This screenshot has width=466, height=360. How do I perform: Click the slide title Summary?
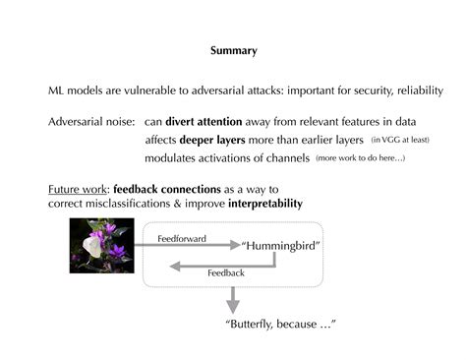pyautogui.click(x=234, y=50)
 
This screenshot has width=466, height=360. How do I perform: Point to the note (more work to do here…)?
pyautogui.click(x=361, y=157)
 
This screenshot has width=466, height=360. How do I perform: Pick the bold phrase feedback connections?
pyautogui.click(x=173, y=188)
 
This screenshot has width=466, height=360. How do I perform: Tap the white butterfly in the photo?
pyautogui.click(x=94, y=246)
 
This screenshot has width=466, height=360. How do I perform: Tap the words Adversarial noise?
pyautogui.click(x=90, y=122)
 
